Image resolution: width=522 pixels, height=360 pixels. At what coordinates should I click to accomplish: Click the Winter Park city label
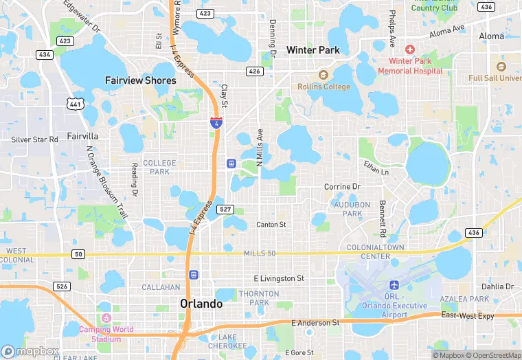pos(313,50)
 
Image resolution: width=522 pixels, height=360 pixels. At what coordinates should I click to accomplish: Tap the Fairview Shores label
pos(140,80)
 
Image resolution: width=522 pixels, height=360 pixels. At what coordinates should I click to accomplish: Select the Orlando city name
pos(201,304)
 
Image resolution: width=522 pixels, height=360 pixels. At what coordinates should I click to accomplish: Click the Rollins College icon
pos(323,74)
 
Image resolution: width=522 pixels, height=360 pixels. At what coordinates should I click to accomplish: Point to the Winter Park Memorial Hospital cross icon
pos(410,49)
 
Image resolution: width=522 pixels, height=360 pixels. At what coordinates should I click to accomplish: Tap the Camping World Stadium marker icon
pos(105,318)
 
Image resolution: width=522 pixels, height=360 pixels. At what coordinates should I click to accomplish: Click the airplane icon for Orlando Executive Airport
pos(394,285)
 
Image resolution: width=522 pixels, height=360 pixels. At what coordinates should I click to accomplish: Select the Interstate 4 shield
pos(216,122)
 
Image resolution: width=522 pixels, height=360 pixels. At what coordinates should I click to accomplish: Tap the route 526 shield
pos(62,286)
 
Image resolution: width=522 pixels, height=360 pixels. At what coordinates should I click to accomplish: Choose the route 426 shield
pos(254,71)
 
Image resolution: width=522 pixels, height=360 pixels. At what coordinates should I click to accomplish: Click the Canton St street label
pos(271,225)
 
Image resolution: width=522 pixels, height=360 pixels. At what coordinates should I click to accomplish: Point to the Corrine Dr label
pos(342,187)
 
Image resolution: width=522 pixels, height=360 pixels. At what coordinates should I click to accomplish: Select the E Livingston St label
pos(278,278)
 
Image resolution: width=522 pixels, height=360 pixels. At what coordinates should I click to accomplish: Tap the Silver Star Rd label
pos(35,139)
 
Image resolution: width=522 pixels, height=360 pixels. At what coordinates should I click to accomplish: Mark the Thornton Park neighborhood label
pos(258,298)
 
